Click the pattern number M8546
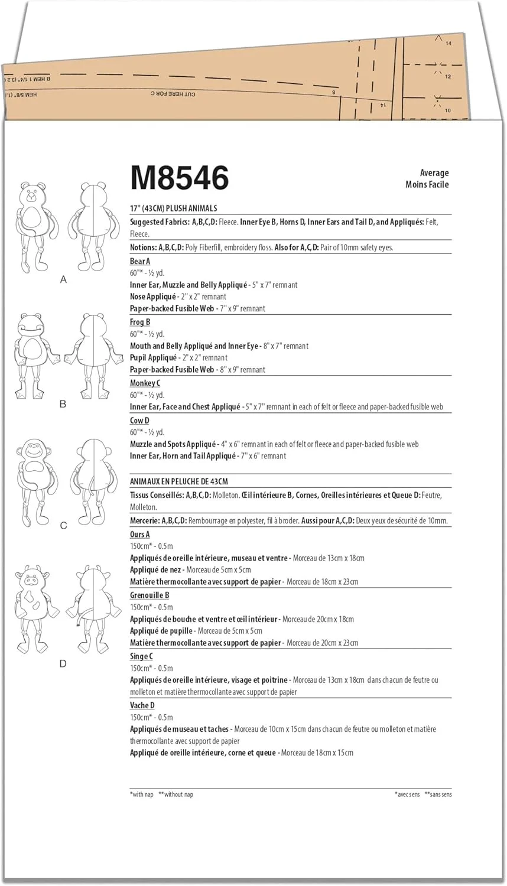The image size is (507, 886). (x=180, y=177)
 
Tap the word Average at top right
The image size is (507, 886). (x=434, y=172)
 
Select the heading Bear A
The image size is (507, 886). (x=140, y=261)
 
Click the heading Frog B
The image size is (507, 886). (x=140, y=322)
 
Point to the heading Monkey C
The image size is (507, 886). (x=145, y=383)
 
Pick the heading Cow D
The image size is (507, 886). (x=139, y=420)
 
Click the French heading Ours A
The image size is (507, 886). (x=140, y=534)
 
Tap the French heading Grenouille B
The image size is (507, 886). (x=149, y=595)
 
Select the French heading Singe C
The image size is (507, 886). (x=141, y=656)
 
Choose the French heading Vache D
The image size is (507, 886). (x=142, y=705)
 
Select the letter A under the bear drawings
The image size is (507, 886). (x=64, y=279)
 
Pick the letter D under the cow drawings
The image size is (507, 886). (x=63, y=663)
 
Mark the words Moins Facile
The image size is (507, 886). (x=427, y=184)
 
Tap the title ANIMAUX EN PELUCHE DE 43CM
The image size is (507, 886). (x=179, y=481)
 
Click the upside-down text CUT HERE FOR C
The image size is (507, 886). (x=173, y=93)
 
